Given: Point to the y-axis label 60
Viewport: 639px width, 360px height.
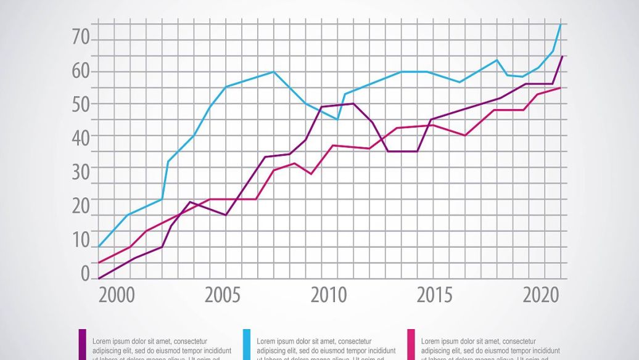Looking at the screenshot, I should (81, 72).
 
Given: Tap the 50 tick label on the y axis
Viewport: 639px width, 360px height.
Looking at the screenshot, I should (81, 104).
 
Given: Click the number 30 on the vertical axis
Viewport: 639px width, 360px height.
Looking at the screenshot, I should (81, 171).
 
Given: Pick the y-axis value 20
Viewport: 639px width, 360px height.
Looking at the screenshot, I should (81, 206).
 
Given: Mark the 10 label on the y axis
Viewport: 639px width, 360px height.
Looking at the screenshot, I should (81, 240).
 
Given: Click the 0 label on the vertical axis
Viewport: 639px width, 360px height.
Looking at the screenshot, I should (85, 273).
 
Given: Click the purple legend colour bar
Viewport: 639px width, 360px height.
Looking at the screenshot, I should (82, 345).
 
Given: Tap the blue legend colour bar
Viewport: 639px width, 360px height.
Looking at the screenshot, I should (247, 345).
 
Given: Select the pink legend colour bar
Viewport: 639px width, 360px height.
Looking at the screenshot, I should (411, 345).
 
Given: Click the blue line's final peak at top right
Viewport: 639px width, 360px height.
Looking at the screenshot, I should (561, 24).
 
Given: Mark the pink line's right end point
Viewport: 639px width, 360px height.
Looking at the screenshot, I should (561, 88).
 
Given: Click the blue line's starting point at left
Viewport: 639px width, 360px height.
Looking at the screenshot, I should (99, 247).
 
